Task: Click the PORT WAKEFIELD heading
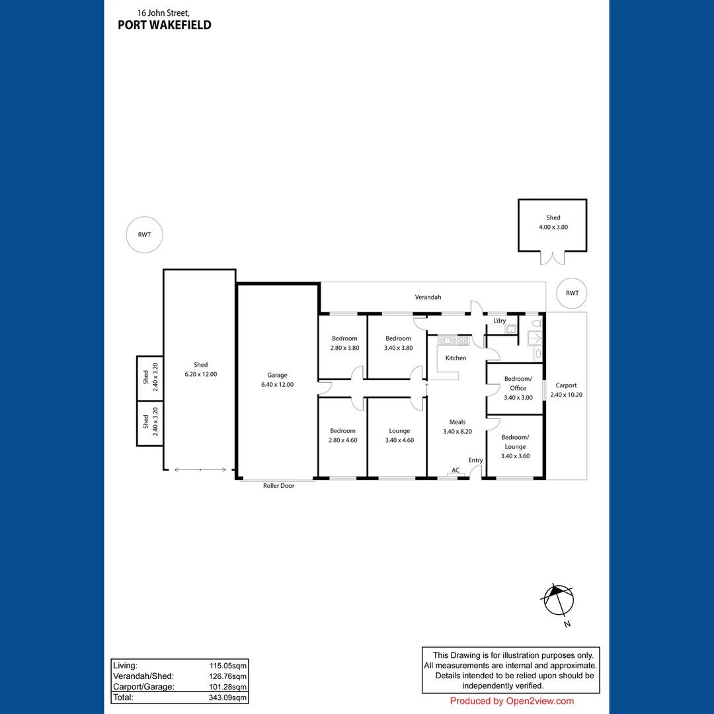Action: [x=164, y=25]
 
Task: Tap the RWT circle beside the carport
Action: [x=573, y=293]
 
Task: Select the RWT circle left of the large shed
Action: [x=144, y=235]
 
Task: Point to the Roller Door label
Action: [x=278, y=485]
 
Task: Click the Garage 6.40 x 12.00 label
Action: [x=277, y=379]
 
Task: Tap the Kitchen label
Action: [x=456, y=358]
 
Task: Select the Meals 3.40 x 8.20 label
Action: [x=457, y=426]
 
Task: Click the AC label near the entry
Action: [x=456, y=470]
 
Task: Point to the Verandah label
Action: [x=428, y=297]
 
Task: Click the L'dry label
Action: [x=500, y=321]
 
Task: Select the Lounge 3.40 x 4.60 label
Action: [x=399, y=435]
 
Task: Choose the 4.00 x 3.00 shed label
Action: [x=553, y=222]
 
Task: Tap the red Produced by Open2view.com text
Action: [x=512, y=701]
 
